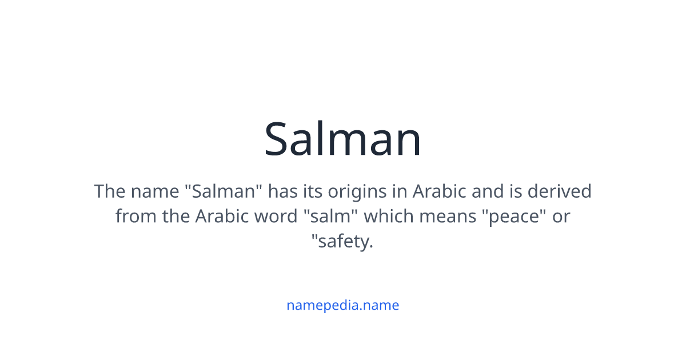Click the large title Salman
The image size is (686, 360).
tap(343, 139)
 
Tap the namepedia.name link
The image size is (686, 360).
tap(342, 305)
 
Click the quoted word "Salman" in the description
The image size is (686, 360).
tap(224, 191)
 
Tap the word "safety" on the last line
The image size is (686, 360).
tap(342, 242)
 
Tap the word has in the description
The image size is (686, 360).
tap(283, 191)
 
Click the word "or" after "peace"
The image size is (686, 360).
tap(561, 217)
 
